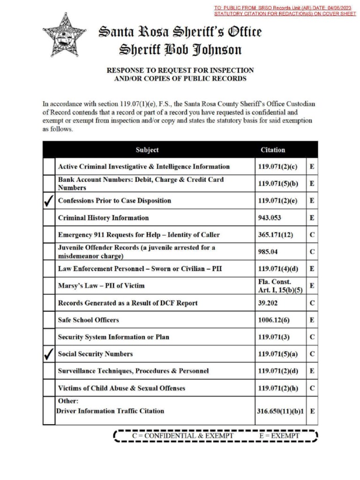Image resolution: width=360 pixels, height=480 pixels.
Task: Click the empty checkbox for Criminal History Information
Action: click(x=49, y=218)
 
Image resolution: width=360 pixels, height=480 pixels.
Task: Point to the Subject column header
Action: click(x=147, y=150)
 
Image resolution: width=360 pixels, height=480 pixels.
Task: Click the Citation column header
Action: click(x=273, y=150)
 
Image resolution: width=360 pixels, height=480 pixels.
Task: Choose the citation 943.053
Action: click(x=269, y=218)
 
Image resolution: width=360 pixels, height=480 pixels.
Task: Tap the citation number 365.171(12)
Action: click(x=276, y=235)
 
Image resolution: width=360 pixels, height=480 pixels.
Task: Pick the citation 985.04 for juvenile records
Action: click(x=268, y=252)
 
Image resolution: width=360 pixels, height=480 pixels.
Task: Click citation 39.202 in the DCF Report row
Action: click(x=267, y=303)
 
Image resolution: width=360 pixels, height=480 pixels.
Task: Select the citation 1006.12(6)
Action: click(x=274, y=320)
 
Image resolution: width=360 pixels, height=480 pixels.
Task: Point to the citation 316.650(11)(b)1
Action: click(x=280, y=411)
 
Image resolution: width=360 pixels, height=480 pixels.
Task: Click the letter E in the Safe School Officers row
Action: click(x=312, y=320)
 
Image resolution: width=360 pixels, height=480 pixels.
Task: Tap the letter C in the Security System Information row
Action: click(x=312, y=337)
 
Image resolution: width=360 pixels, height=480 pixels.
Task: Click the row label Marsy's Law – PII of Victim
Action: click(x=101, y=285)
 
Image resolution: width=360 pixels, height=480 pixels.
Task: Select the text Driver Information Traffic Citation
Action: click(x=111, y=411)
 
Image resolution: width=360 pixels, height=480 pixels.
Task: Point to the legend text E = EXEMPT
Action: click(x=279, y=436)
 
